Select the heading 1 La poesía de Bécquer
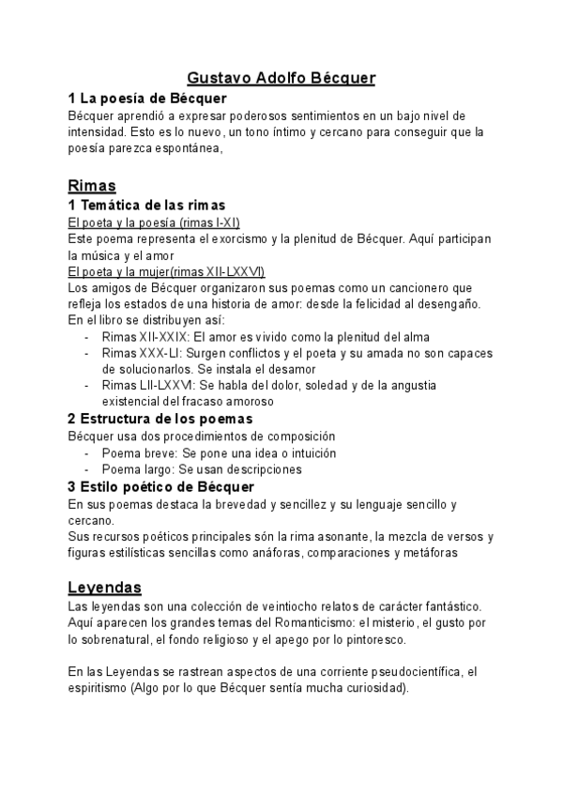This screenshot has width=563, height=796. point(148,98)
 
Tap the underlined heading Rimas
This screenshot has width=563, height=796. point(92,185)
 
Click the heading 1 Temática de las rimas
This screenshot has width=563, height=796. point(146,205)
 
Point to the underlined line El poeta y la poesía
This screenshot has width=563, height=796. point(155,222)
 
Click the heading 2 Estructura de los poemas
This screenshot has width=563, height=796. point(160,419)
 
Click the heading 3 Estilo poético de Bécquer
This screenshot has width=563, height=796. point(160,486)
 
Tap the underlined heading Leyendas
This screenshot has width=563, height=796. point(104,588)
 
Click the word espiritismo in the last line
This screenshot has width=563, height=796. point(100,690)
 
